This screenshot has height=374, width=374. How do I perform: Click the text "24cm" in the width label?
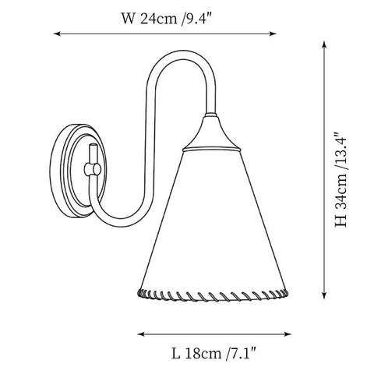(158, 19)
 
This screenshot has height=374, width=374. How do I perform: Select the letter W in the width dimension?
(128, 19)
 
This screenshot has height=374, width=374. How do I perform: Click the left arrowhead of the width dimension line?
(56, 34)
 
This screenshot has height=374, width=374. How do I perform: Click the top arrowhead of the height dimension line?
(324, 44)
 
